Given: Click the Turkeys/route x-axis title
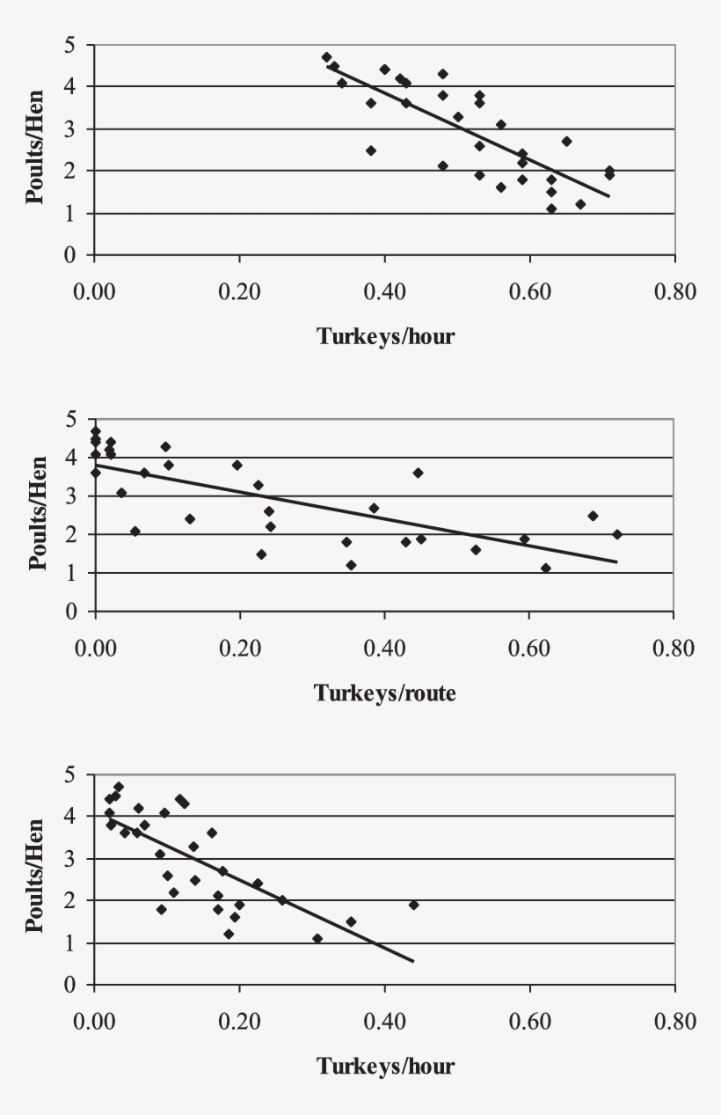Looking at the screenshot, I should pyautogui.click(x=385, y=693).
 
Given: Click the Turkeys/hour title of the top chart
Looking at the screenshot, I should pyautogui.click(x=385, y=336).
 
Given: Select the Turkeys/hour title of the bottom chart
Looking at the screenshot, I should pyautogui.click(x=385, y=1067).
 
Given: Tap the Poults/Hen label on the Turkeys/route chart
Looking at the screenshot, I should pyautogui.click(x=37, y=514).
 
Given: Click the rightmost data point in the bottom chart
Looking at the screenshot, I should pyautogui.click(x=413, y=905).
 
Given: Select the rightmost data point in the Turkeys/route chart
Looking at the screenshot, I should pyautogui.click(x=617, y=534).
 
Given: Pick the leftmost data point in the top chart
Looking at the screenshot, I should pyautogui.click(x=326, y=57).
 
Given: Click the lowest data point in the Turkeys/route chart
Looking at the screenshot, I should pyautogui.click(x=545, y=569).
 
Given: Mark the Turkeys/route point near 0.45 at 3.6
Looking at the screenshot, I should pyautogui.click(x=418, y=473).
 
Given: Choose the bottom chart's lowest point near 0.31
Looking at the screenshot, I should pyautogui.click(x=317, y=938).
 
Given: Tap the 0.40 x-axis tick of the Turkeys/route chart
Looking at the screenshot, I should pyautogui.click(x=384, y=649).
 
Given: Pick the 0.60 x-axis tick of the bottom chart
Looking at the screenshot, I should pyautogui.click(x=529, y=1023).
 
